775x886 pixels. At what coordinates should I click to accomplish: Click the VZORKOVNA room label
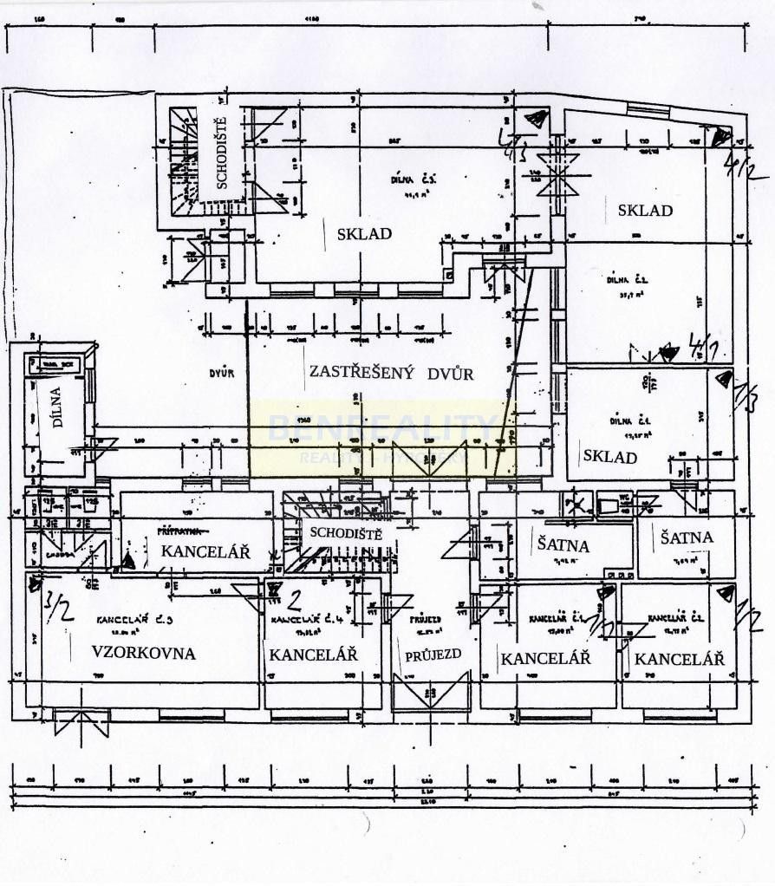point(143,654)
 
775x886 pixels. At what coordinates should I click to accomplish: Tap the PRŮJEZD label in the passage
point(433,655)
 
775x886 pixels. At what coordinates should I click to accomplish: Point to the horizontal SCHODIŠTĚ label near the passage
point(346,532)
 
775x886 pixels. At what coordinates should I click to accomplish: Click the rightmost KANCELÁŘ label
point(679,659)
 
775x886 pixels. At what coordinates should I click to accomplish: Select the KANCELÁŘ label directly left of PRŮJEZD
point(313,655)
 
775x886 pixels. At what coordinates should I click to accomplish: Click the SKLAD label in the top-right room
point(645,210)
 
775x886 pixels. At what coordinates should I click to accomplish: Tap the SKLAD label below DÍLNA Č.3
point(364,233)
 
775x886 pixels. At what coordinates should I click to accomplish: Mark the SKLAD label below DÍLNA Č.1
point(609,457)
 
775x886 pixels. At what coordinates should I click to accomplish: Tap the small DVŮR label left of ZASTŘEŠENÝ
point(222,375)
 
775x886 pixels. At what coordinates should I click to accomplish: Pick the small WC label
point(623,498)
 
